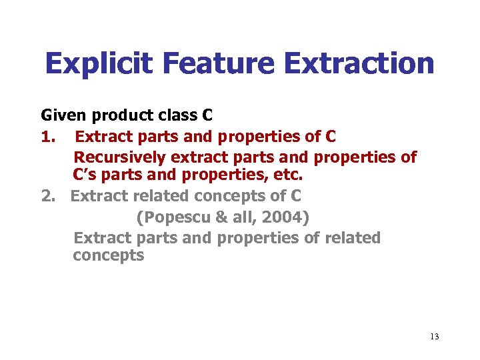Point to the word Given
tap(61, 116)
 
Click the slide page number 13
tap(434, 336)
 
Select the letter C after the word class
tap(207, 116)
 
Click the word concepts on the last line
tap(109, 256)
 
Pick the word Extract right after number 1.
tap(103, 137)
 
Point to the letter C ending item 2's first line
tap(295, 196)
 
